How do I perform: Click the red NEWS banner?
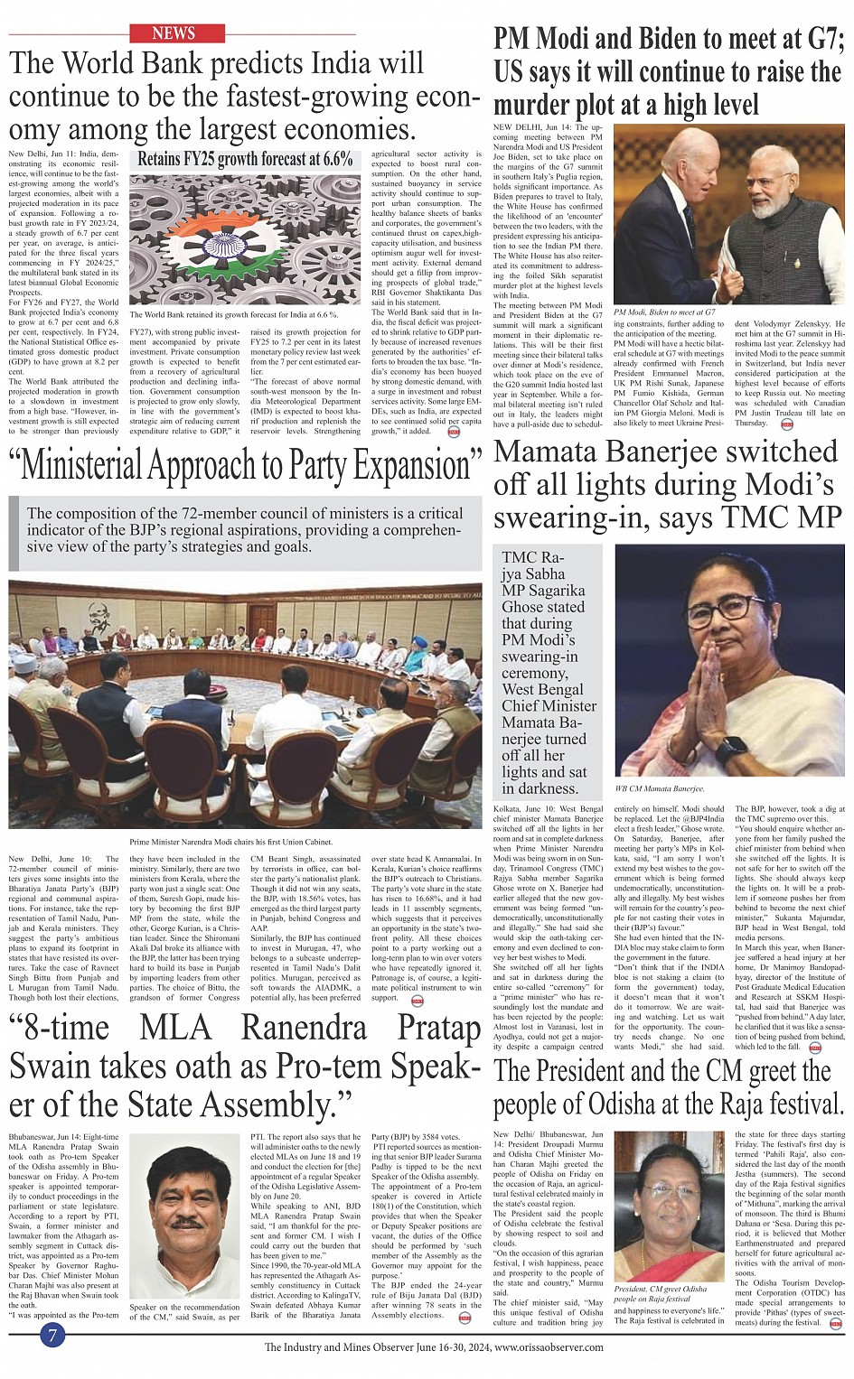point(176,33)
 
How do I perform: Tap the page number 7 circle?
point(53,1335)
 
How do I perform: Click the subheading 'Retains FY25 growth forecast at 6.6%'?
point(245,159)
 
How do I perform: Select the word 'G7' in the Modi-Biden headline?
point(818,39)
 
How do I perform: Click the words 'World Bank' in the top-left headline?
point(154,64)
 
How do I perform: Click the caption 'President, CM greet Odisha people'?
point(661,1293)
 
